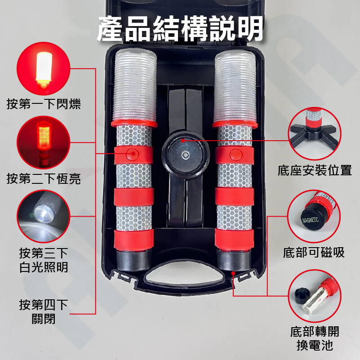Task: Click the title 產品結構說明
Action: click(x=180, y=28)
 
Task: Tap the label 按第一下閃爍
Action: click(x=44, y=104)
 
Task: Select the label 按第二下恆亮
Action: click(x=44, y=178)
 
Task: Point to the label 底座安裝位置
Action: click(x=315, y=170)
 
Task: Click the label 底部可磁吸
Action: click(x=314, y=253)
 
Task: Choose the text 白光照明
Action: click(x=44, y=267)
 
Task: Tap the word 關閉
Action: click(x=44, y=319)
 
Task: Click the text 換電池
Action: click(x=315, y=345)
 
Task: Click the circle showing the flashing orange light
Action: click(x=44, y=68)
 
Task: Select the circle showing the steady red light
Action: click(x=44, y=142)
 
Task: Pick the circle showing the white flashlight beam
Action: click(x=44, y=216)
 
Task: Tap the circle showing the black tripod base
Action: click(x=314, y=133)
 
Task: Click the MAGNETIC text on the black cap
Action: click(x=311, y=220)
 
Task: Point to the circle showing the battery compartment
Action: click(x=315, y=296)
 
